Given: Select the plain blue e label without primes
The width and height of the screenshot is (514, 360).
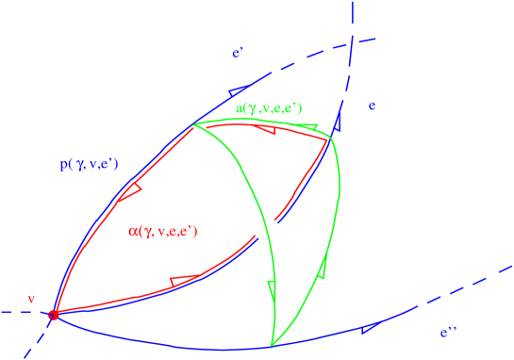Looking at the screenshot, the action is click(373, 106).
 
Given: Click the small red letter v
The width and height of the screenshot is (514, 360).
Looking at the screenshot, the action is click(31, 299).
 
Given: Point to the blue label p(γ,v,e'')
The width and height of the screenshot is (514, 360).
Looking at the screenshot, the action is click(89, 165).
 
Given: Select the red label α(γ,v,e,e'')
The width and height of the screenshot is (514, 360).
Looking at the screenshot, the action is click(162, 231).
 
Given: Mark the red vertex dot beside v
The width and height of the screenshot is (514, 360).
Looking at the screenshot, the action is click(54, 315).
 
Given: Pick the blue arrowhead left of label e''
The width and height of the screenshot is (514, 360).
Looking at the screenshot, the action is click(367, 328).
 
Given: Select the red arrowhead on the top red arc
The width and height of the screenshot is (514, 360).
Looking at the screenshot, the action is click(267, 130).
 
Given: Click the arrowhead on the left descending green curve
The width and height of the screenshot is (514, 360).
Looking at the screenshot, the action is click(272, 286).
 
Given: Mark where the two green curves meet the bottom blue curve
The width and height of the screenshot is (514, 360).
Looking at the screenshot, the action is click(272, 346).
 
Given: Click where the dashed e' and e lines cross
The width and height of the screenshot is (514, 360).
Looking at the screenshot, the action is click(350, 43).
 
